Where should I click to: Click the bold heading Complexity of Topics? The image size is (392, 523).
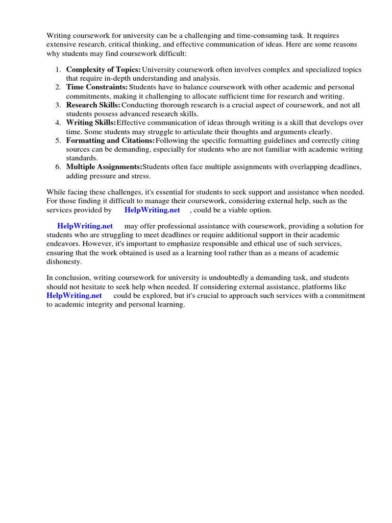(103, 69)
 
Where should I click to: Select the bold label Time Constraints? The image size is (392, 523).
(96, 87)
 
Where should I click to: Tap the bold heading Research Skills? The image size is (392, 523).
(93, 105)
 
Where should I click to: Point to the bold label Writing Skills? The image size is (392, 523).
(91, 123)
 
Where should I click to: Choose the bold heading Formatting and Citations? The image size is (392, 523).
(110, 140)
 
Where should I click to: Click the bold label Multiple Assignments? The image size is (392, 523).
(104, 167)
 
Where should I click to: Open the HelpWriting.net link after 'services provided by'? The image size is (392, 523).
(152, 210)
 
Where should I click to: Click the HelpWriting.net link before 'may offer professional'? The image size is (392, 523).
(85, 226)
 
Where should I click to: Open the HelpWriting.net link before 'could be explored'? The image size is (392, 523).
(74, 296)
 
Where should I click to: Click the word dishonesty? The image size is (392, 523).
(64, 261)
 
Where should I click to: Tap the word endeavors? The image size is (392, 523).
(63, 244)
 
